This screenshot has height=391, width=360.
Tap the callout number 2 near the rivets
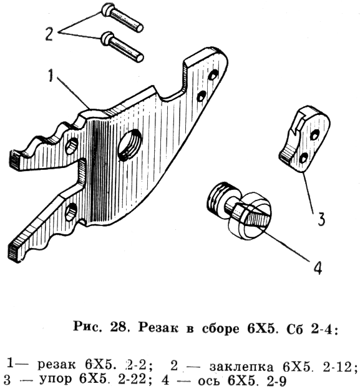(x=49, y=34)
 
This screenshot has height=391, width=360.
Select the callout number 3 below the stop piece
(x=322, y=219)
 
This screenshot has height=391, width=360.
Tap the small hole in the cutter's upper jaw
(x=71, y=146)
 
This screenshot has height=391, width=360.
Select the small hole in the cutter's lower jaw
(x=71, y=212)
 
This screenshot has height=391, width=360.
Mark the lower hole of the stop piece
(x=304, y=159)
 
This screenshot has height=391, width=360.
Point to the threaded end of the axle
(x=221, y=195)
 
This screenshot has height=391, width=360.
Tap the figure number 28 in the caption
(x=117, y=328)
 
